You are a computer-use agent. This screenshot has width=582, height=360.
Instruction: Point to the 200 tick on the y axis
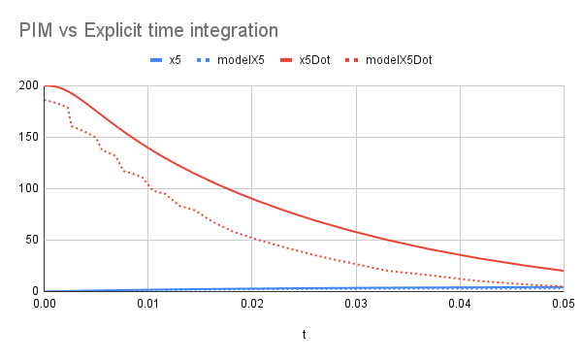(27, 86)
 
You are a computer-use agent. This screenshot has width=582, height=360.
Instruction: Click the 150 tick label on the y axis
(27, 138)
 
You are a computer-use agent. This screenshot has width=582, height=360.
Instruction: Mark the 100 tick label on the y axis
(27, 189)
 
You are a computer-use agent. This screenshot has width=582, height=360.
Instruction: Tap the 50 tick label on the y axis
(30, 240)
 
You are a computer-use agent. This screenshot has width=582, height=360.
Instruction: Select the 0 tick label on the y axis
(33, 291)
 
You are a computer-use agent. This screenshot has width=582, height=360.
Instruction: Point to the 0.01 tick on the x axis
(147, 305)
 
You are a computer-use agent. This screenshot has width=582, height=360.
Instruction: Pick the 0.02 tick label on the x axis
(251, 305)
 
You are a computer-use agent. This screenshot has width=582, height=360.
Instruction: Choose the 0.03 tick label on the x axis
(355, 305)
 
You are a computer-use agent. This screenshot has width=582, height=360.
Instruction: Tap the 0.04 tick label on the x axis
(459, 305)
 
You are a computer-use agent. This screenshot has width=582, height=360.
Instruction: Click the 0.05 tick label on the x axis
(562, 305)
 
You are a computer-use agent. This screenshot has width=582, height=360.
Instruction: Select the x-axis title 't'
(304, 334)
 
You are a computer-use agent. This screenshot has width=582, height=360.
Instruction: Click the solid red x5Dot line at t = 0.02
(251, 199)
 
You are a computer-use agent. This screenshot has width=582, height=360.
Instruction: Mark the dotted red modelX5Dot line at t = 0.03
(355, 264)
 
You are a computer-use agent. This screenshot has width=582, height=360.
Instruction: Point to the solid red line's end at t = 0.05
(562, 271)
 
